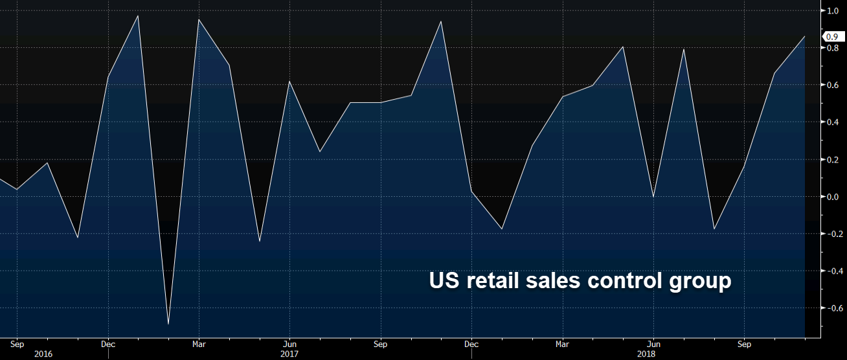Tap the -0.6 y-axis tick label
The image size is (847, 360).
tap(831, 309)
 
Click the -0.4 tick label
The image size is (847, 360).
tap(831, 271)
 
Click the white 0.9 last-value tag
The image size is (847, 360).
tap(833, 37)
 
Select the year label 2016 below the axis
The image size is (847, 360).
tap(43, 354)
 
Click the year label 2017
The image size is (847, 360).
tap(289, 354)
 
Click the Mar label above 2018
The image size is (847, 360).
tap(563, 344)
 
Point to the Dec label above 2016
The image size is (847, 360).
tap(108, 344)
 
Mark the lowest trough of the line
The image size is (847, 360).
tap(168, 324)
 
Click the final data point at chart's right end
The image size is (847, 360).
tap(804, 36)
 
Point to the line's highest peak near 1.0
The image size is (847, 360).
tap(138, 16)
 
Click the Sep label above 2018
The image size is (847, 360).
tap(745, 344)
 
